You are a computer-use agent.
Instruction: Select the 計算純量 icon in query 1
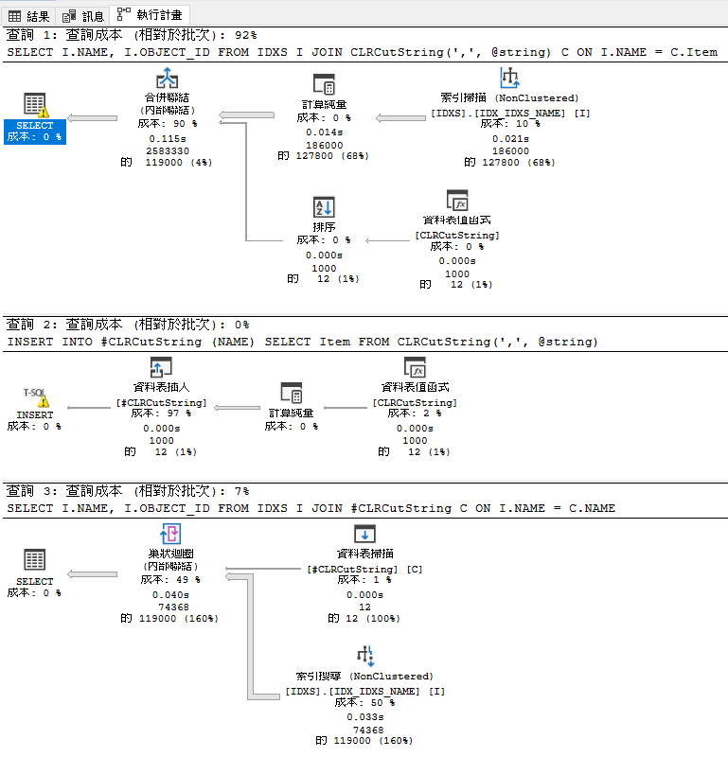click(x=324, y=83)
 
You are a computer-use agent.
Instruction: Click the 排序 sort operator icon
click(x=324, y=207)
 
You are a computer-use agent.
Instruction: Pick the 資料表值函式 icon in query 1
click(x=457, y=202)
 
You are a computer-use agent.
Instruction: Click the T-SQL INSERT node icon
click(x=35, y=397)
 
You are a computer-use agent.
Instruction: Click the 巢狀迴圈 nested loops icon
click(x=171, y=536)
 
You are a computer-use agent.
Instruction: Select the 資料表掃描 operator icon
click(x=364, y=535)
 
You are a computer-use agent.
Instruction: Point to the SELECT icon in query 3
click(x=35, y=560)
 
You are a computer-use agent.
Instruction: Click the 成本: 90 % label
click(x=169, y=123)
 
